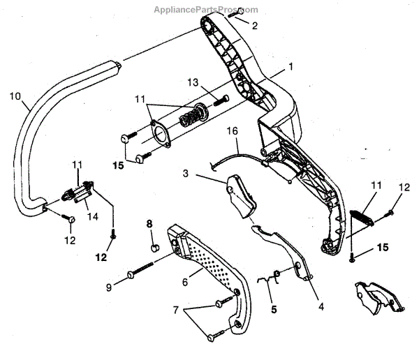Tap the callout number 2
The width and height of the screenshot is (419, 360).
(x=254, y=26)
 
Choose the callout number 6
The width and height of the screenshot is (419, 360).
(x=184, y=283)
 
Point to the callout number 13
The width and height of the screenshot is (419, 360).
(x=193, y=83)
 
